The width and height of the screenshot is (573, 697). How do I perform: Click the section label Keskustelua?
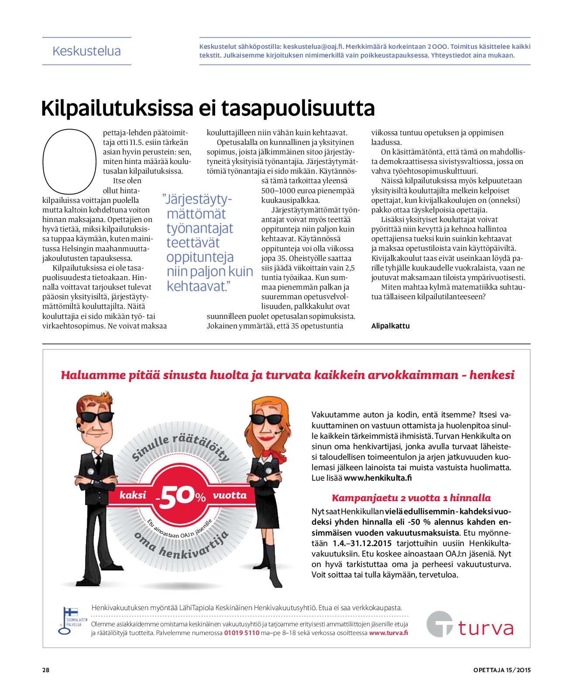click(x=86, y=51)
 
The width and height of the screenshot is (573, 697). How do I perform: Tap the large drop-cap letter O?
click(x=69, y=161)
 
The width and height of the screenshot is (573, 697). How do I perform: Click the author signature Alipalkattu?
click(x=390, y=326)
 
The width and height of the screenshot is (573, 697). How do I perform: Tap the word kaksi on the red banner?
click(x=133, y=495)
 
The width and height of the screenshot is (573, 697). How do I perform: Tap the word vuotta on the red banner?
click(x=230, y=495)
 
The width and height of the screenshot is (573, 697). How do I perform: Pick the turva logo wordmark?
click(x=485, y=629)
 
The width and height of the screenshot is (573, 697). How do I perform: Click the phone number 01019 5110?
click(x=241, y=633)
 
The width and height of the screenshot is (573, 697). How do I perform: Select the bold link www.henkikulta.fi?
click(x=378, y=478)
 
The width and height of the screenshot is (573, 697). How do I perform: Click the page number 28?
click(x=46, y=670)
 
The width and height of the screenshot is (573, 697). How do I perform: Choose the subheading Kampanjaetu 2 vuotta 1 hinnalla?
click(x=411, y=498)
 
